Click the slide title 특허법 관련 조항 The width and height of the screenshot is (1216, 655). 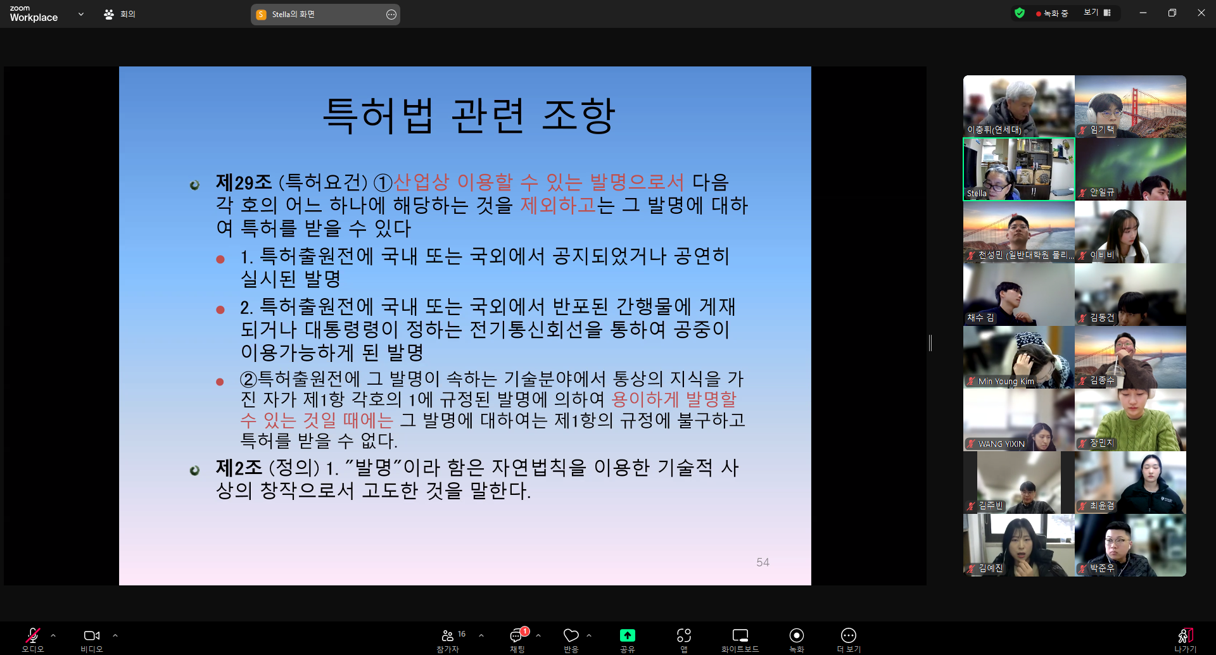(469, 115)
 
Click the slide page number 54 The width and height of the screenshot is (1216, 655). (763, 562)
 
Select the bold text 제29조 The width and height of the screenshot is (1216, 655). (244, 182)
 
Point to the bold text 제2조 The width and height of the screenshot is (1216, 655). (239, 468)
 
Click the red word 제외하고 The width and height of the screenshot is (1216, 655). (558, 205)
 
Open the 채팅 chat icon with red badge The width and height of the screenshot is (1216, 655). (517, 635)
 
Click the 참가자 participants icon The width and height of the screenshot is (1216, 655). (447, 635)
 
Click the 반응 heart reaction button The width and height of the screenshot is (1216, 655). (571, 635)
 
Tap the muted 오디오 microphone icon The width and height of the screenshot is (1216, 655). (32, 635)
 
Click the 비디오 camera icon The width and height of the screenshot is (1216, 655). (91, 635)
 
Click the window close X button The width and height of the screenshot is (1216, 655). (1201, 13)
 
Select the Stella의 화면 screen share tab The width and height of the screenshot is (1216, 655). (326, 15)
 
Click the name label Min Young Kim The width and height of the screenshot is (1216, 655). (1006, 382)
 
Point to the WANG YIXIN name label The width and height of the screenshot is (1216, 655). (1001, 444)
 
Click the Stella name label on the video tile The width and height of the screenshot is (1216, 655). (977, 194)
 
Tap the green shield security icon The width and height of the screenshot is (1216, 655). (1020, 13)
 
